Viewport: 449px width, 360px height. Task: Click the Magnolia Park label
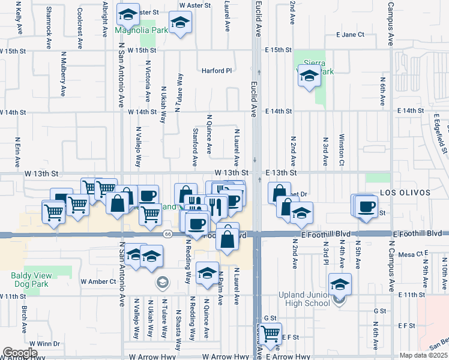point(140,30)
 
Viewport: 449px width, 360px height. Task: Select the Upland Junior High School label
point(304,299)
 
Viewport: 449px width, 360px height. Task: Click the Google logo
point(20,352)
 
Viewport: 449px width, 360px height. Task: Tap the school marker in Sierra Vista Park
point(309,76)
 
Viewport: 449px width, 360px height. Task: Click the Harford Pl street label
point(216,71)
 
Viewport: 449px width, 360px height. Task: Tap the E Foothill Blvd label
point(418,233)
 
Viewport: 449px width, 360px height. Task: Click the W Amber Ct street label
point(98,281)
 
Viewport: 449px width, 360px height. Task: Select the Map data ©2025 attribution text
point(423,355)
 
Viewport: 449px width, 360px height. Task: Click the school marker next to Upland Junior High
point(340,284)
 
